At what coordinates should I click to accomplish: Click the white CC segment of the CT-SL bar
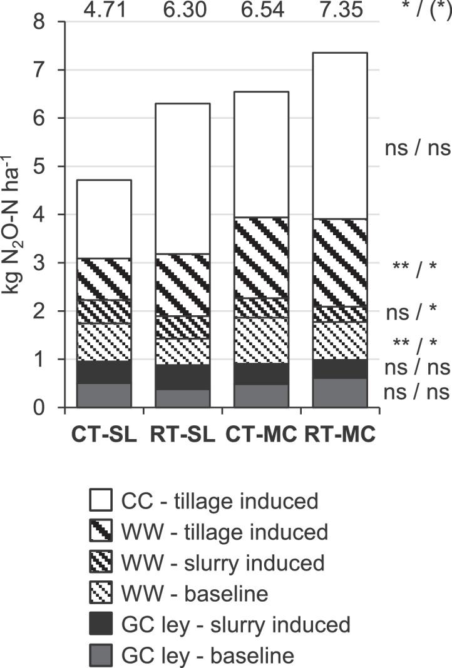click(x=105, y=219)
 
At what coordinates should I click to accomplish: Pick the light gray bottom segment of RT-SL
click(x=183, y=398)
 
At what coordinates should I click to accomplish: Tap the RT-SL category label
click(x=183, y=434)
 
